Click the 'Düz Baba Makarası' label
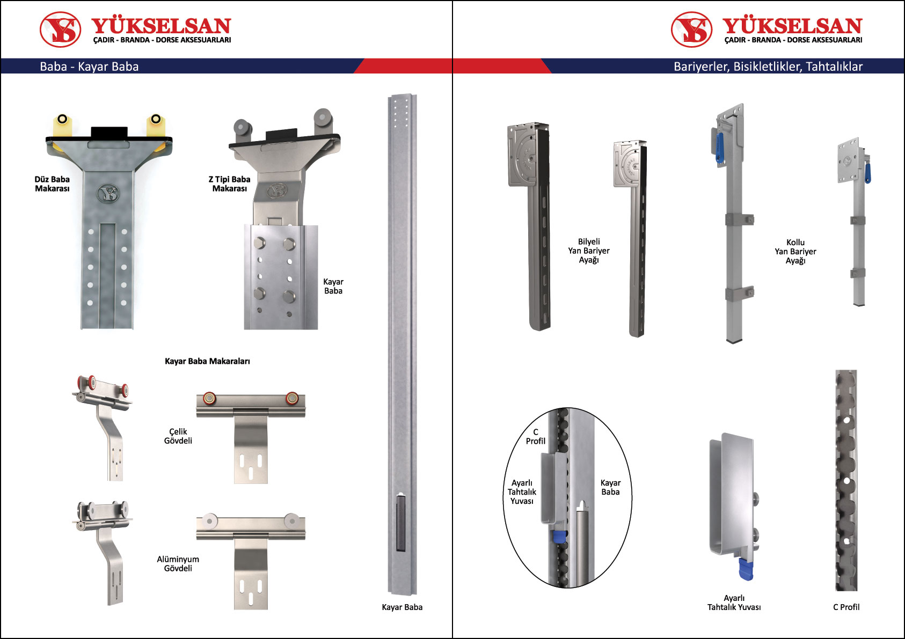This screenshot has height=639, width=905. point(52,184)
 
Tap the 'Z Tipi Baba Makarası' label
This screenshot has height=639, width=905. point(229,184)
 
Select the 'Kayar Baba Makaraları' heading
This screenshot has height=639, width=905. point(207,361)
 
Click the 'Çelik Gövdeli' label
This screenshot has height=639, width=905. point(178,436)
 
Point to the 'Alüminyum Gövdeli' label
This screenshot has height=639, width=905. point(178,563)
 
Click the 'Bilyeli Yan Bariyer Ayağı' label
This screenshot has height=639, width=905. point(589,251)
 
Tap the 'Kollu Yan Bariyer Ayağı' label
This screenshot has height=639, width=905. point(795,251)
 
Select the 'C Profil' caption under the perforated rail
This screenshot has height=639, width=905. point(846,607)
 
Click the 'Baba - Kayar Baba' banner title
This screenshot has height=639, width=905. point(89,66)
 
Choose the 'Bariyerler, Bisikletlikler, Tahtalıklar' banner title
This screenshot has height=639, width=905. point(768,66)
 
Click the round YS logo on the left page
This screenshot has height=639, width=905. point(60,29)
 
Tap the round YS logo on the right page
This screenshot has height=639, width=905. point(691,29)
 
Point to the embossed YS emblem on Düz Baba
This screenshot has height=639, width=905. point(108,194)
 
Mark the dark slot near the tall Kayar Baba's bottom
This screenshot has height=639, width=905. point(400,523)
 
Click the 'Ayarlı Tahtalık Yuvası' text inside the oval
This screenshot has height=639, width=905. point(522,491)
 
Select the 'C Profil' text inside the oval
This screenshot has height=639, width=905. point(535,436)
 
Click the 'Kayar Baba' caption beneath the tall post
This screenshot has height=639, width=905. point(402,607)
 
